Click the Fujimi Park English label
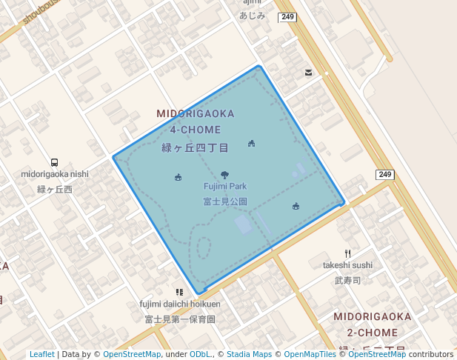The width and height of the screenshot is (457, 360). pyautogui.click(x=225, y=187)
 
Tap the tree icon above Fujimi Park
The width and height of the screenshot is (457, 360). pyautogui.click(x=225, y=176)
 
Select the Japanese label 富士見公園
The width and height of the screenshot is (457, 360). pyautogui.click(x=225, y=201)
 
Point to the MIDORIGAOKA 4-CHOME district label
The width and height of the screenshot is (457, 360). pyautogui.click(x=196, y=121)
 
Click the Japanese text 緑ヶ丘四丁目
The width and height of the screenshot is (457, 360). pyautogui.click(x=196, y=147)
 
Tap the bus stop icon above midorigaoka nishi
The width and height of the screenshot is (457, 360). pyautogui.click(x=54, y=163)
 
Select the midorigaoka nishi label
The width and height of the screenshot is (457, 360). pyautogui.click(x=55, y=175)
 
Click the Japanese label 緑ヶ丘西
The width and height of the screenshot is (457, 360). pyautogui.click(x=55, y=190)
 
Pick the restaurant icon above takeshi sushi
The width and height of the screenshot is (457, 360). pyautogui.click(x=347, y=253)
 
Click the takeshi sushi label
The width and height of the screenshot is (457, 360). pyautogui.click(x=347, y=265)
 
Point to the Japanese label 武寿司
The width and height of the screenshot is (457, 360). pyautogui.click(x=347, y=281)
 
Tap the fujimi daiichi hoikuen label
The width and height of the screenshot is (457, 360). pyautogui.click(x=180, y=304)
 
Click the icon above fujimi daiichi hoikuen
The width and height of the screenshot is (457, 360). pyautogui.click(x=179, y=293)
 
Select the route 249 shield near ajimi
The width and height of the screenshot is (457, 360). pyautogui.click(x=287, y=16)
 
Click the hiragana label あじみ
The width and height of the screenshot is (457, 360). pyautogui.click(x=253, y=15)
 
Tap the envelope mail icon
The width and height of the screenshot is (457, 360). pyautogui.click(x=308, y=72)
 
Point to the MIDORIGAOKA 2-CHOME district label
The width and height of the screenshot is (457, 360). pyautogui.click(x=372, y=324)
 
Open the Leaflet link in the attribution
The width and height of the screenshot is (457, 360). pyautogui.click(x=41, y=355)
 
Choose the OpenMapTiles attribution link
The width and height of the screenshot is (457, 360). pyautogui.click(x=310, y=355)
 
